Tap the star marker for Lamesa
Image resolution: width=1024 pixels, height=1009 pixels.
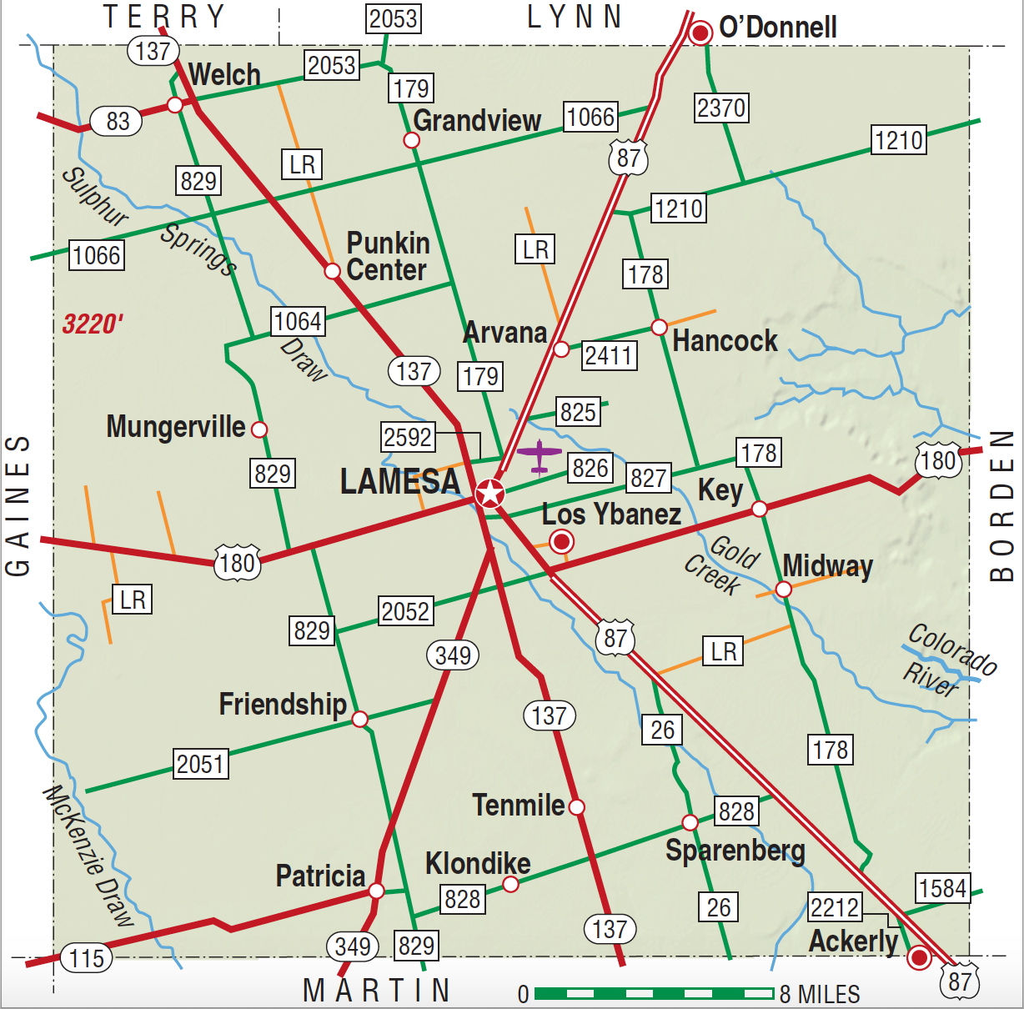[490, 494]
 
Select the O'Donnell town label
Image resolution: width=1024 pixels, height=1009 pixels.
[777, 28]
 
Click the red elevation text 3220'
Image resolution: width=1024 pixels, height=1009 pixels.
[93, 324]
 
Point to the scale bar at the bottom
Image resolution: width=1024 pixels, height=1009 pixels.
[654, 993]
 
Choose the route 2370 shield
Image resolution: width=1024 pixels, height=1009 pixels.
[721, 108]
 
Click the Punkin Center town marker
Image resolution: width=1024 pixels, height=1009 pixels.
[332, 271]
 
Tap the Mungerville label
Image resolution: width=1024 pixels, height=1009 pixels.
[176, 427]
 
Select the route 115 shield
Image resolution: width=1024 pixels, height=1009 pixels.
[87, 958]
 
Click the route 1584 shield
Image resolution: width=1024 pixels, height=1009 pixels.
[943, 888]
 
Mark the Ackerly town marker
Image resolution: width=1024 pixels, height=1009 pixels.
[919, 957]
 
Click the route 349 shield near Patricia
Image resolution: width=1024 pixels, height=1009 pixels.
[353, 946]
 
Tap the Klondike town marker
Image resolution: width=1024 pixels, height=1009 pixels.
[510, 884]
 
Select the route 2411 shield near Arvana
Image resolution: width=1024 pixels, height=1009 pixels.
[609, 355]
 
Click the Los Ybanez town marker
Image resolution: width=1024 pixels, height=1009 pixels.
[563, 542]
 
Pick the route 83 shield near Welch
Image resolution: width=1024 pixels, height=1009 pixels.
[118, 121]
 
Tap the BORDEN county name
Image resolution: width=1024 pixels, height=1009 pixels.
[1001, 506]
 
